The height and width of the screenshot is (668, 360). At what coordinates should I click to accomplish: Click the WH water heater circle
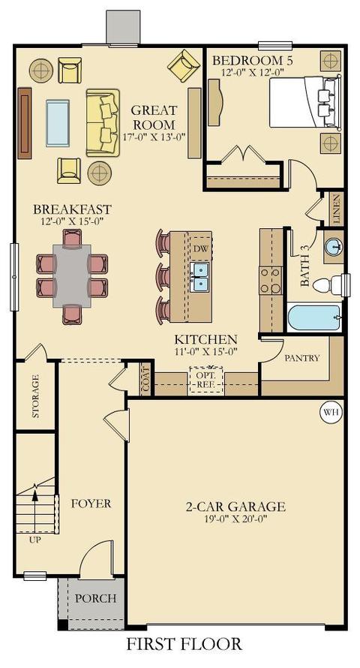(x=331, y=412)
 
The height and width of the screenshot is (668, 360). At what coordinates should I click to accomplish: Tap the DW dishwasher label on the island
(x=200, y=248)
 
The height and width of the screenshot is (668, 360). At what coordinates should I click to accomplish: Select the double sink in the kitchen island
(x=199, y=278)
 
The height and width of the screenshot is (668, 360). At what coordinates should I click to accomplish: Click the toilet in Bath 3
(x=330, y=285)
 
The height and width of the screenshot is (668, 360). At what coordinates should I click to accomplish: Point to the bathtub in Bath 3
(x=314, y=317)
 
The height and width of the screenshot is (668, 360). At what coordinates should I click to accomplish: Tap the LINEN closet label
(x=337, y=209)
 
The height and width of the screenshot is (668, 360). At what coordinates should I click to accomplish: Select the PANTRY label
(x=301, y=358)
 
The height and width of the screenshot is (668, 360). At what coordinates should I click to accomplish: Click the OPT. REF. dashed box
(x=206, y=379)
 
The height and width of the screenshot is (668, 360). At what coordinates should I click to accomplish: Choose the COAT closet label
(x=146, y=379)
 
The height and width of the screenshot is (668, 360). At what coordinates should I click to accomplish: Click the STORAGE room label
(x=36, y=396)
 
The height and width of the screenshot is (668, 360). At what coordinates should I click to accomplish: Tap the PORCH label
(x=96, y=598)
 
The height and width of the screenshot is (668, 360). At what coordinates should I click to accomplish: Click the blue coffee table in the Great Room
(x=58, y=123)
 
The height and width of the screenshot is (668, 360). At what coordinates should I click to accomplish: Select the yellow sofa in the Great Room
(x=103, y=122)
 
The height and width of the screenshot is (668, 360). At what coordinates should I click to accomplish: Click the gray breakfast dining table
(x=72, y=275)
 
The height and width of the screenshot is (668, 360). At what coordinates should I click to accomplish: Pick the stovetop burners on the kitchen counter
(x=271, y=281)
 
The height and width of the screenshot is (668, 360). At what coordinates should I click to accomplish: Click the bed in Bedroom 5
(x=305, y=102)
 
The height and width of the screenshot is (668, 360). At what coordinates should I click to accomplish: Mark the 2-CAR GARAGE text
(x=235, y=507)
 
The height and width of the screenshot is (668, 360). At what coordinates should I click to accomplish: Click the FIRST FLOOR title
(x=184, y=643)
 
